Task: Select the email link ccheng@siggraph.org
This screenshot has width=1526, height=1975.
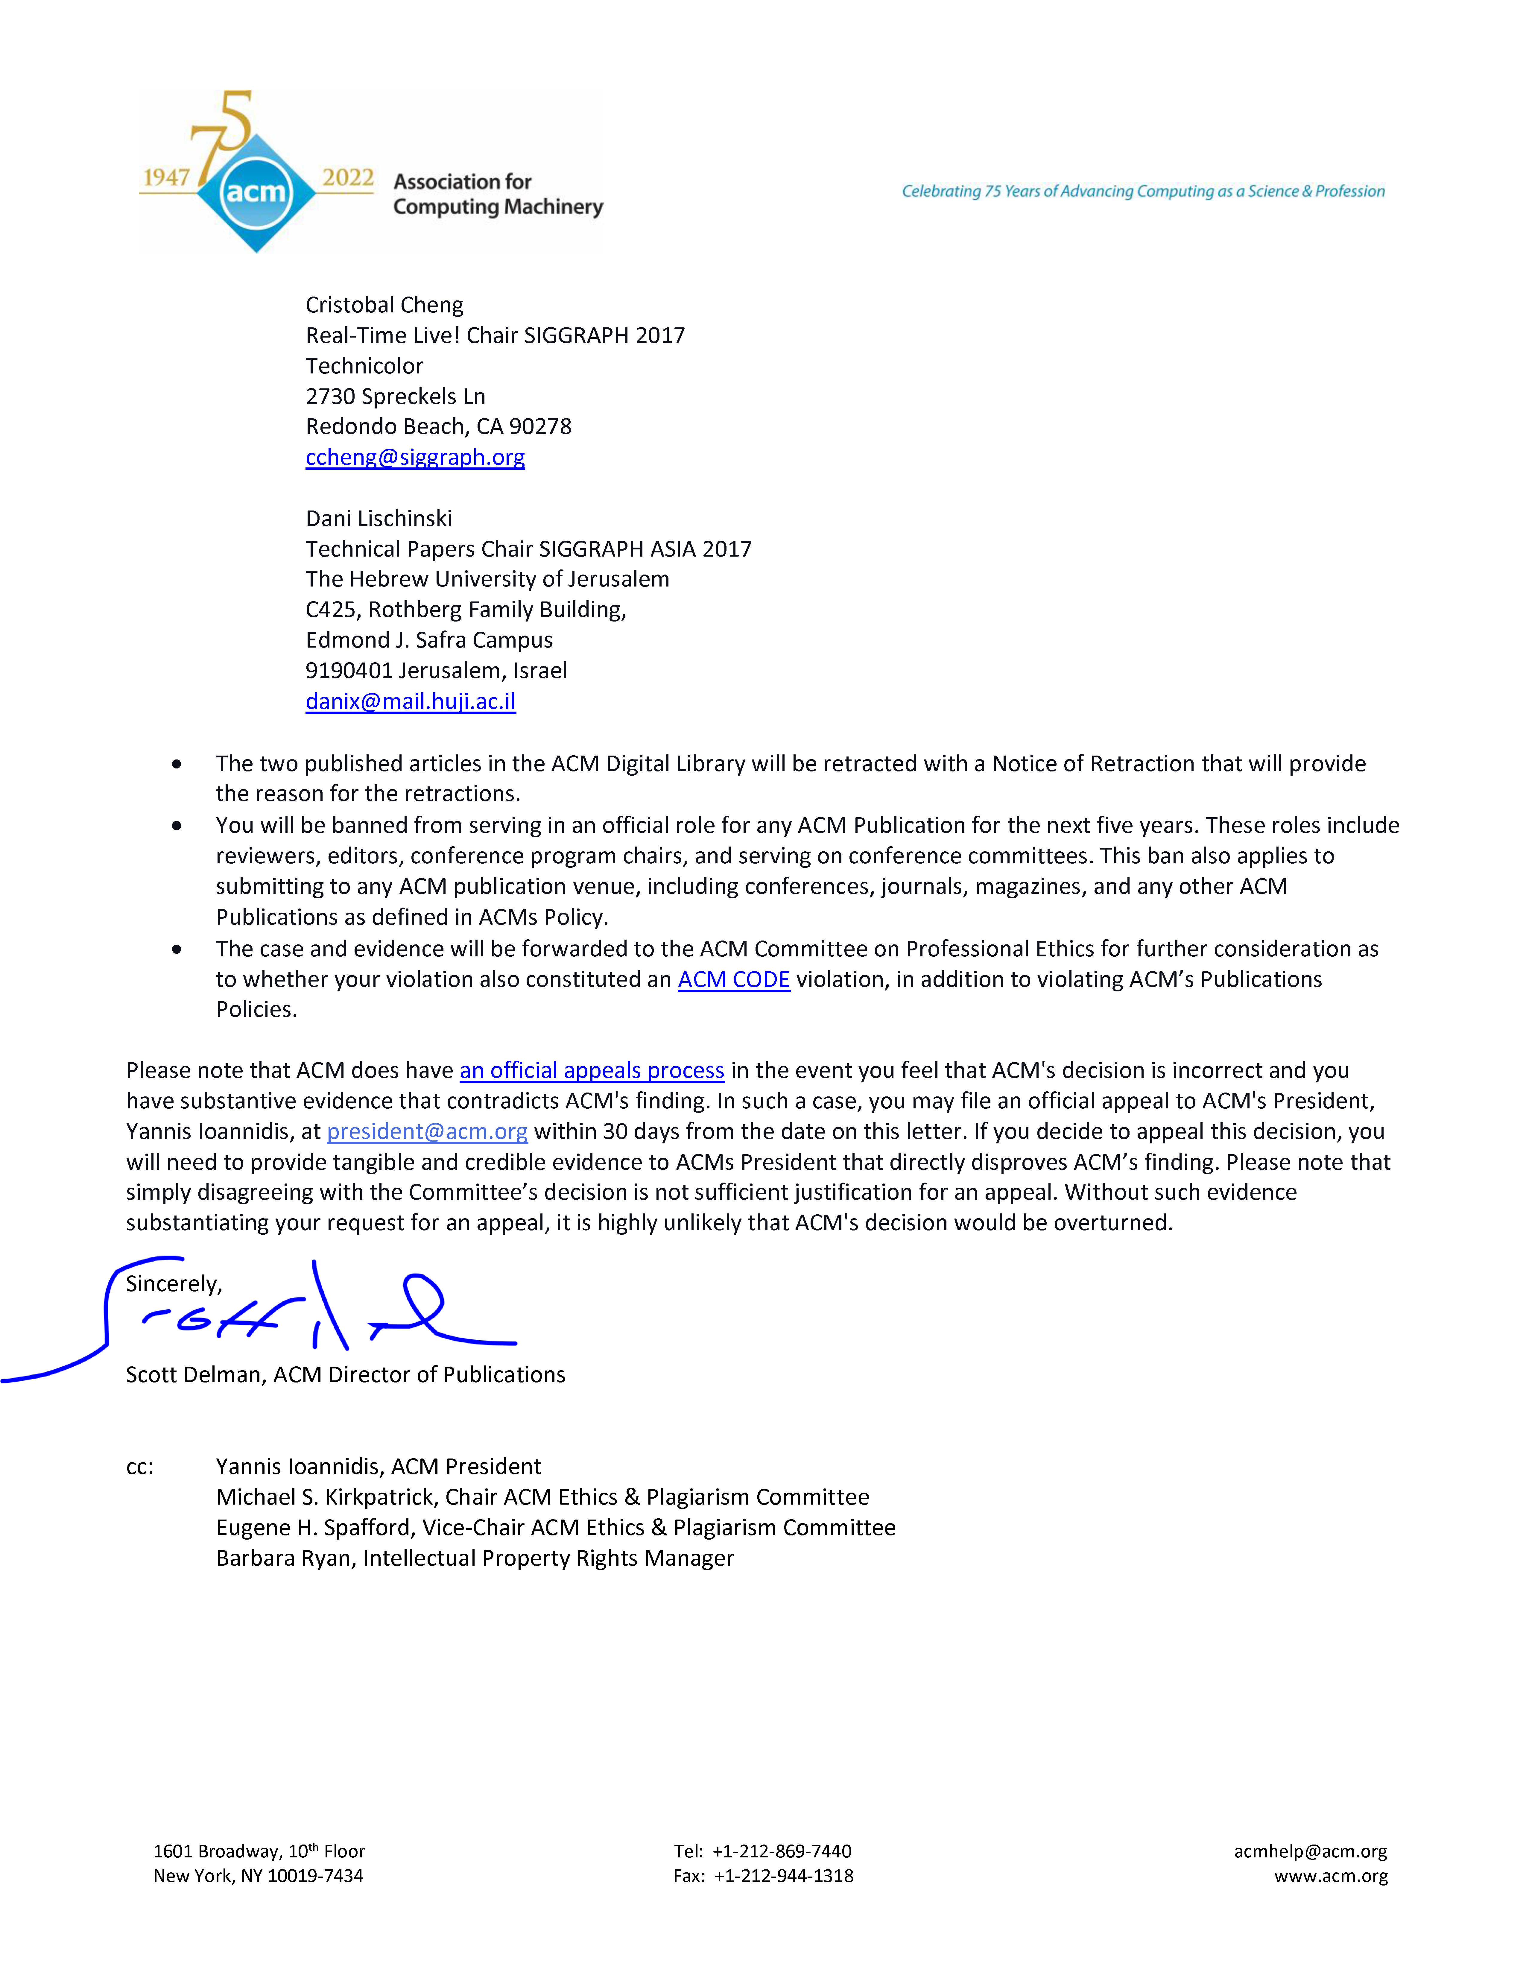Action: tap(415, 458)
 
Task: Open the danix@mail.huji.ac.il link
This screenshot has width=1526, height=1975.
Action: tap(411, 702)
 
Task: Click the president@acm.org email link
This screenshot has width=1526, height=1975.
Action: tap(427, 1131)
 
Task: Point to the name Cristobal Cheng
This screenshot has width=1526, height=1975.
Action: tap(384, 305)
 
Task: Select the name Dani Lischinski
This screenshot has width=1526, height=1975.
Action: tap(379, 518)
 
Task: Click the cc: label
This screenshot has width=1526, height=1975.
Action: tap(140, 1467)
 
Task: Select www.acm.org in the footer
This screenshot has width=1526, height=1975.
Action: tap(1331, 1876)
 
